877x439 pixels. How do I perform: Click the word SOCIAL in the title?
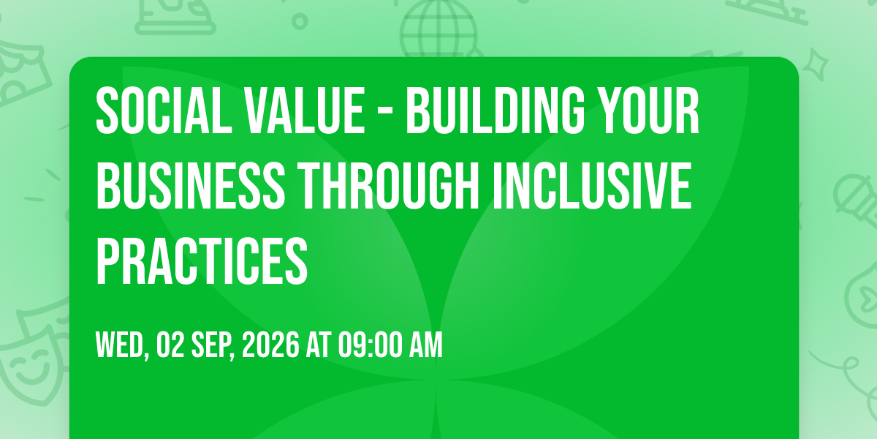point(164,110)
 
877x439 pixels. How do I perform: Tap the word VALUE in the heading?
point(305,110)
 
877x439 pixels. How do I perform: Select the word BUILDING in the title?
point(496,110)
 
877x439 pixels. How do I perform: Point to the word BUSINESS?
point(191,185)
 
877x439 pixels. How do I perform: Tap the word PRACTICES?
point(202,260)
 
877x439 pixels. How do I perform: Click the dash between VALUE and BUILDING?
point(386,113)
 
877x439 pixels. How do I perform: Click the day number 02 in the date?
point(170,345)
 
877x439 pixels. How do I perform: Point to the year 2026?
point(271,345)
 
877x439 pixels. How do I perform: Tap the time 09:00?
point(371,345)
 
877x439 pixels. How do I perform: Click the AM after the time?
point(426,345)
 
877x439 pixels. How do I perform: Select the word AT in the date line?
point(319,345)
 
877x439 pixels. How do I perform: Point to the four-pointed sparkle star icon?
point(816,64)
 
